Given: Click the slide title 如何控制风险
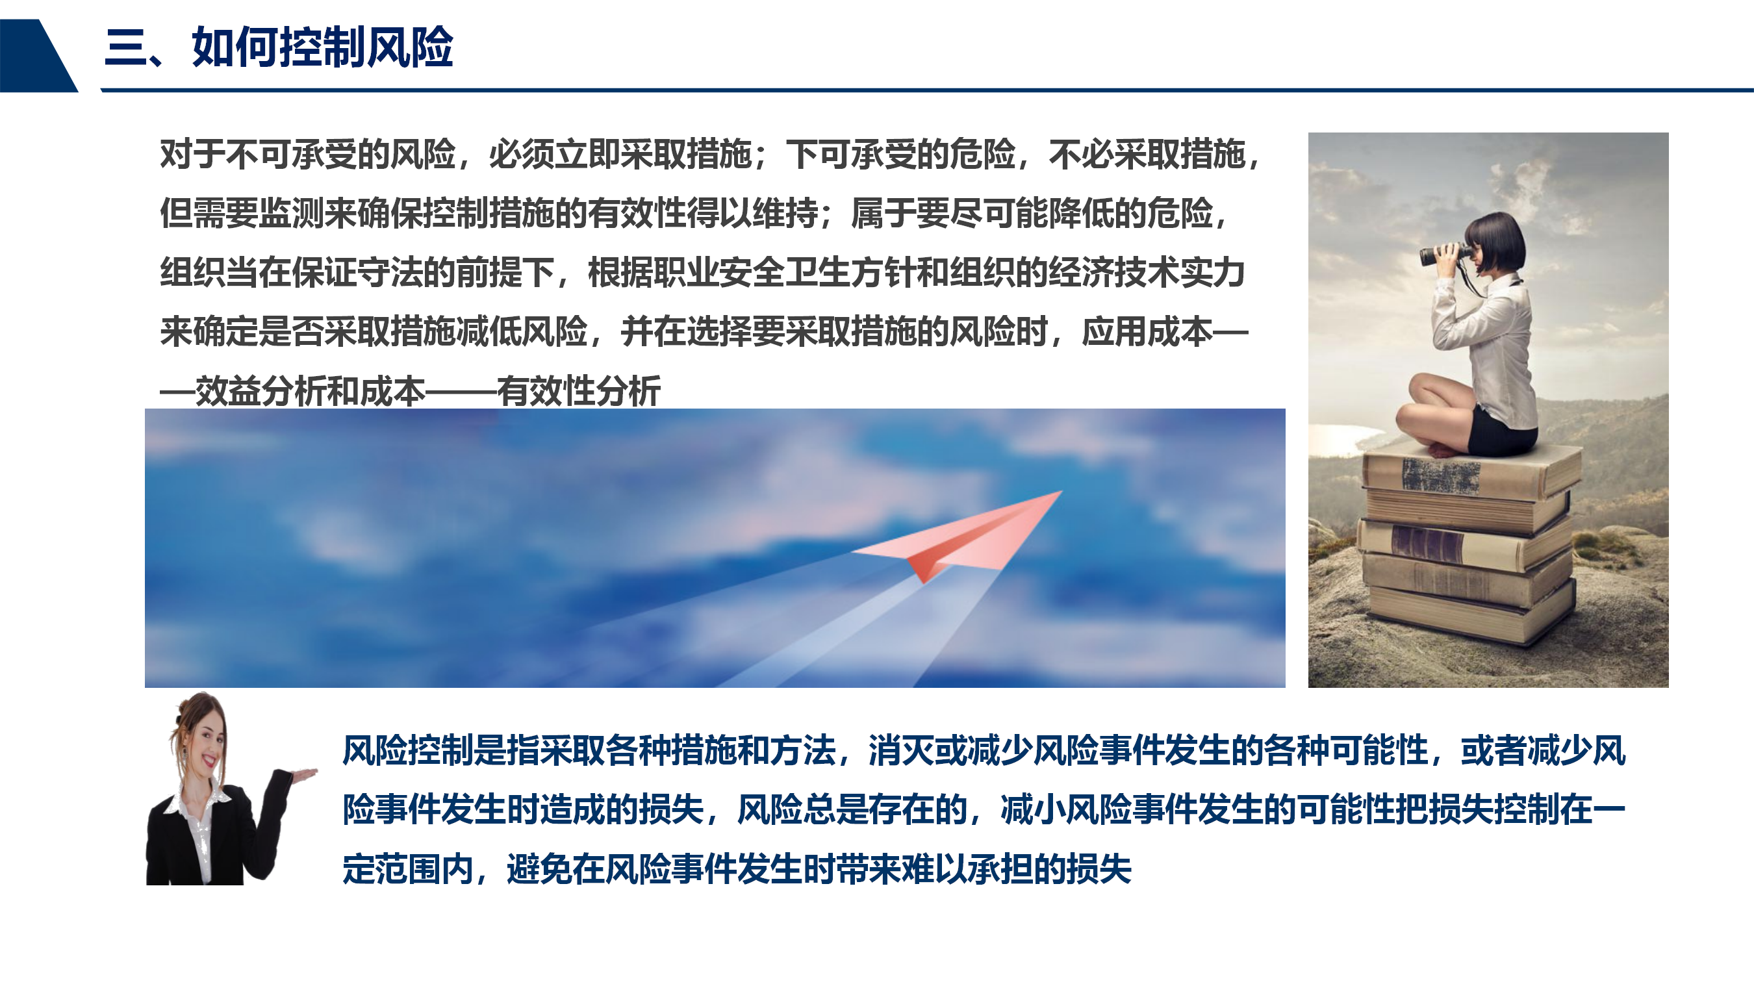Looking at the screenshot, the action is (x=322, y=47).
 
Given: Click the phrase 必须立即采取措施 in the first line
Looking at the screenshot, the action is (x=620, y=155).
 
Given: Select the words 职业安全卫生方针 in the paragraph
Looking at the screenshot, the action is (x=784, y=273).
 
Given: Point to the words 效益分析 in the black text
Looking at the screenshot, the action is (x=261, y=392).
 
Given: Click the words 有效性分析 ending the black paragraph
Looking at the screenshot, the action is (x=579, y=392).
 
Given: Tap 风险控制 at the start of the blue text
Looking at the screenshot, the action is (x=407, y=750).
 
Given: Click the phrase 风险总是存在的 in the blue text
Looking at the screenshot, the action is (x=852, y=809).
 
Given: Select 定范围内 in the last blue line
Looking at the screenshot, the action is (x=407, y=870).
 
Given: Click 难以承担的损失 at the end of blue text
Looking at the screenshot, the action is (x=1017, y=870).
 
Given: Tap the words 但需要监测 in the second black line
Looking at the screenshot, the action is (x=242, y=214).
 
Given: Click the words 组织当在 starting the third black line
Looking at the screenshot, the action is (x=225, y=273).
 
